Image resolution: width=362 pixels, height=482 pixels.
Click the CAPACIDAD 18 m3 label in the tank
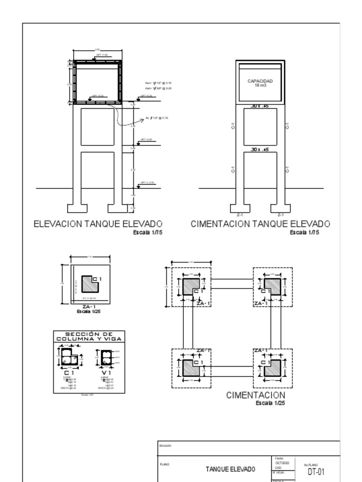(260, 83)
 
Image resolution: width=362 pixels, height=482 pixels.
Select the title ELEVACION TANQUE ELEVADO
(98, 224)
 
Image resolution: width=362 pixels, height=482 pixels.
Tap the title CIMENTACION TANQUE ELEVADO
(260, 224)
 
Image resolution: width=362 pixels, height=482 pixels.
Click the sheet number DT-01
(315, 472)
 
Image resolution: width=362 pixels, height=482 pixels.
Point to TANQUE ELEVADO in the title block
(230, 469)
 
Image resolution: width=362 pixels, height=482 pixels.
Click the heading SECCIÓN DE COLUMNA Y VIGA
(89, 337)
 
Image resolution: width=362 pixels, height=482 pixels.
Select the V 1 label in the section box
(106, 373)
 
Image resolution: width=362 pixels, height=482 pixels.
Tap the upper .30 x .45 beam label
(260, 106)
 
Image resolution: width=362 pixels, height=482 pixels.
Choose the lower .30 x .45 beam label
(260, 150)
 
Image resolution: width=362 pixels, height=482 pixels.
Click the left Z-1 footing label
(239, 215)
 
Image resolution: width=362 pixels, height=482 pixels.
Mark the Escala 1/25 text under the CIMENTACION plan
(271, 403)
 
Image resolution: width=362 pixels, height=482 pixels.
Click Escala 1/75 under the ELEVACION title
(148, 233)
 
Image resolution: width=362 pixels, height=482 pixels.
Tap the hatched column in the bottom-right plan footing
(272, 368)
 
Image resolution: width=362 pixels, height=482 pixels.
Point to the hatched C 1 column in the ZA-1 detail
(89, 284)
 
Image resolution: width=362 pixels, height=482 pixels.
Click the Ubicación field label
(165, 445)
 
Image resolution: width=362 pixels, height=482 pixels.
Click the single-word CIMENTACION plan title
(255, 395)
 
